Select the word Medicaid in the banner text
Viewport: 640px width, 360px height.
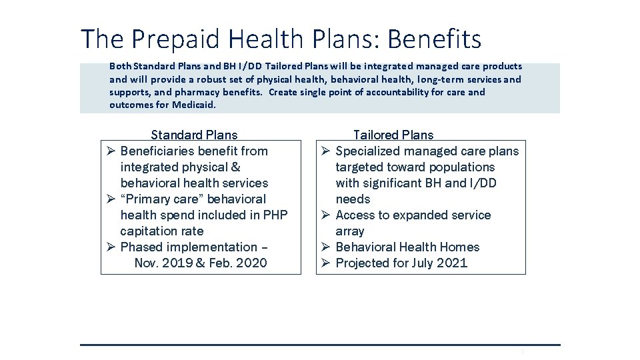click(194, 105)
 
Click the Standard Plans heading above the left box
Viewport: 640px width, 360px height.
click(194, 135)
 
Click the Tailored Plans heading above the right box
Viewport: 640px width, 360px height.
click(393, 135)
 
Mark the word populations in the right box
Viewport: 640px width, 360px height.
click(462, 167)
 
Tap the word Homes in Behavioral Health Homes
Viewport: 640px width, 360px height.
click(459, 247)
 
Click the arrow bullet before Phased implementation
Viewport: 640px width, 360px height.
click(111, 247)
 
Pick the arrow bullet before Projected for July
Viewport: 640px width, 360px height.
click(326, 263)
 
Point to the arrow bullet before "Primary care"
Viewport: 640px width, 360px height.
click(111, 199)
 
